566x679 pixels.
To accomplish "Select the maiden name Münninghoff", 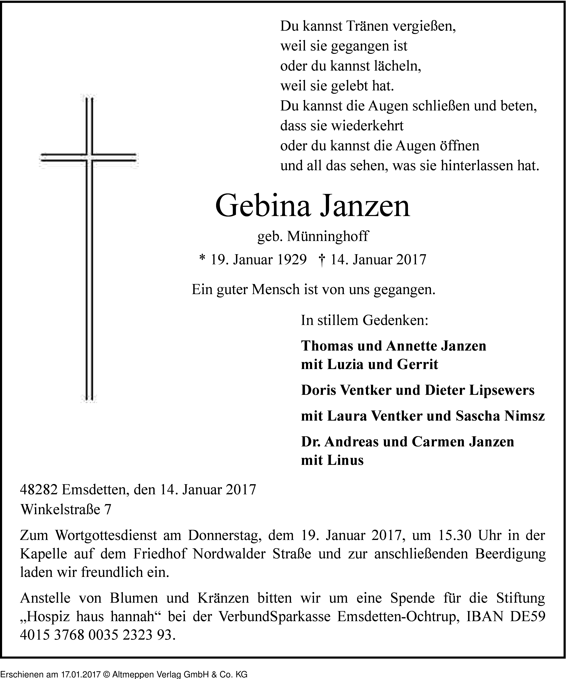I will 327,236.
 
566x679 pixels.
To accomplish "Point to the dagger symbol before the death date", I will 322,259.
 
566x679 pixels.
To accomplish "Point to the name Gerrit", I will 418,364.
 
